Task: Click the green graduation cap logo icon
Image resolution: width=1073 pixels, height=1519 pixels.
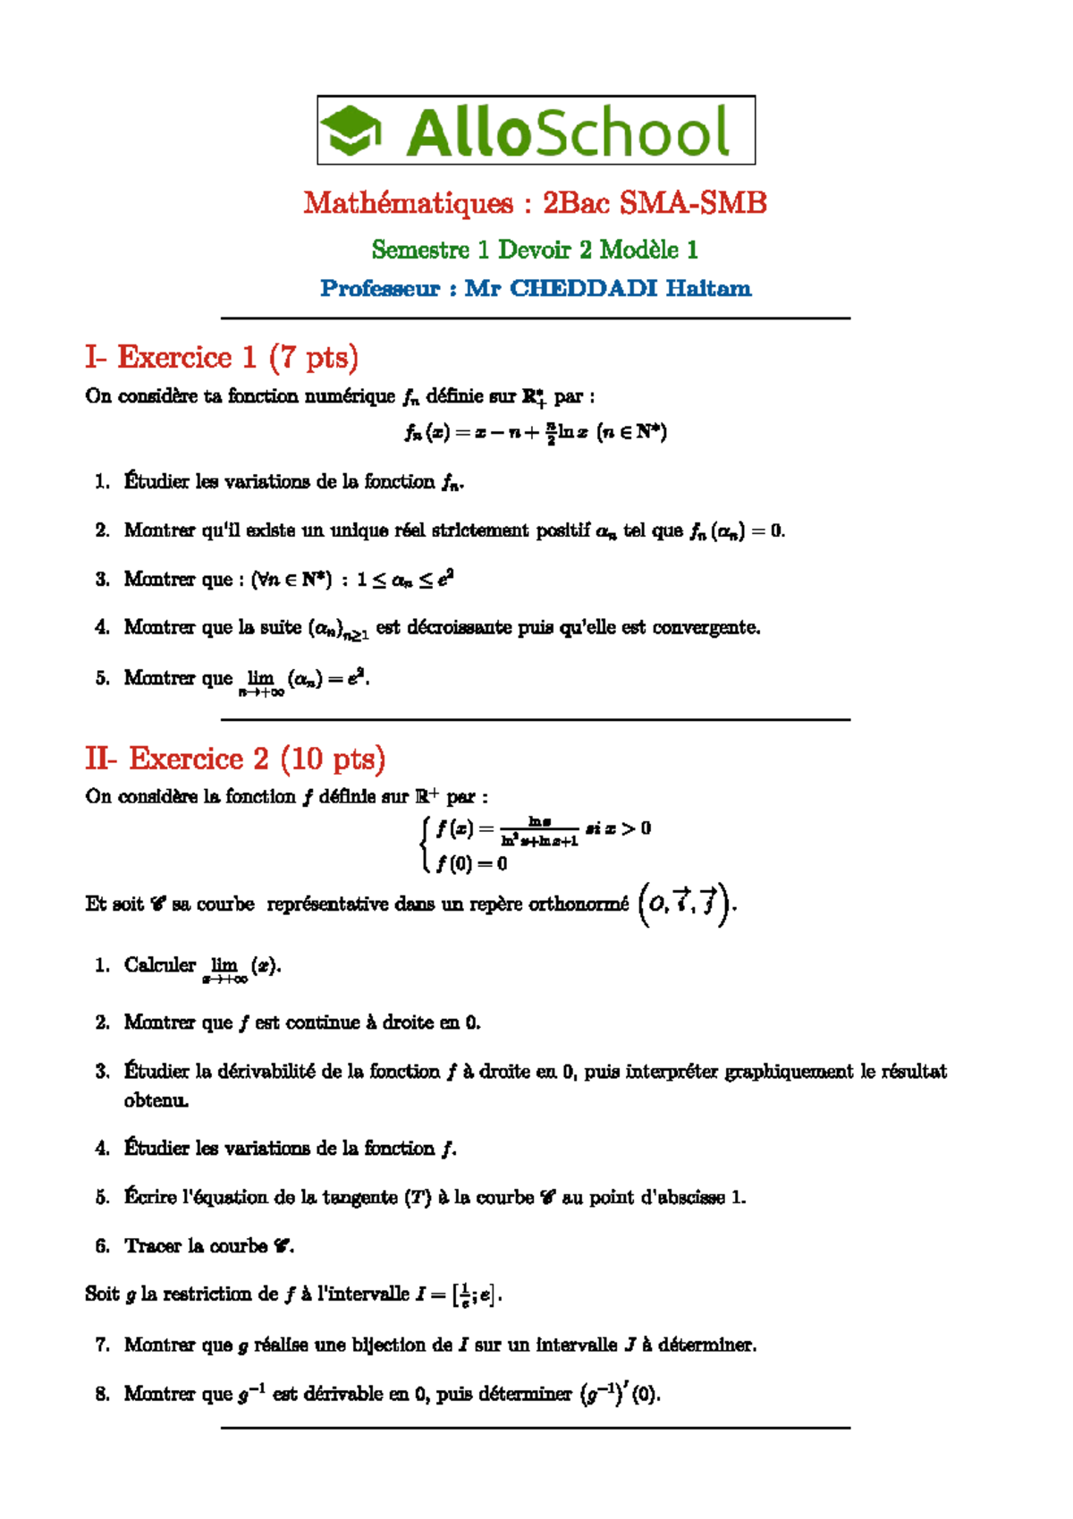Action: (x=351, y=131)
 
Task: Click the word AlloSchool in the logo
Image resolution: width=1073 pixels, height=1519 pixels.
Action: (x=568, y=132)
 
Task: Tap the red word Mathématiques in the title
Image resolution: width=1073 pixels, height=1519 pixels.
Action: (x=408, y=203)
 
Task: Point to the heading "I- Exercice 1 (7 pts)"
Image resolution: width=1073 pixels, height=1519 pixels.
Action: (x=222, y=357)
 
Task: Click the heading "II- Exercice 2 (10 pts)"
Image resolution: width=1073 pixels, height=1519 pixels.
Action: (x=235, y=759)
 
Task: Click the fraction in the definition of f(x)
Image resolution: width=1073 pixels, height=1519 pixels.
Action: (x=539, y=832)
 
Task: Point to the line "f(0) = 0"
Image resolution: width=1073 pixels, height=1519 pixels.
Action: (x=471, y=863)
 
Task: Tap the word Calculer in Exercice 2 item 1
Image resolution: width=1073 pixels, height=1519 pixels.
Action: (x=160, y=964)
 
